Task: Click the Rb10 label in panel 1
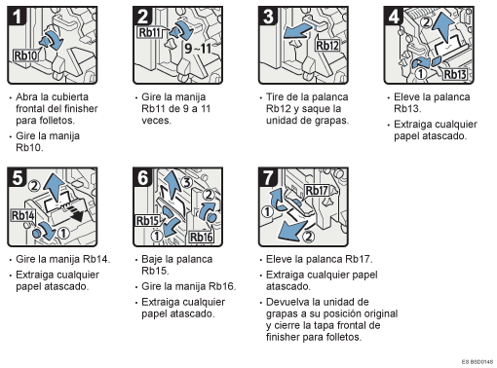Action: [25, 55]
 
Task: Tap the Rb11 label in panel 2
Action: [149, 32]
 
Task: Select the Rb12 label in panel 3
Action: [327, 46]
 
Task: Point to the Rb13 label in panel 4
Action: [455, 74]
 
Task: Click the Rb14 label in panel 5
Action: [22, 215]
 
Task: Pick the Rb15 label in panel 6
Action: [147, 221]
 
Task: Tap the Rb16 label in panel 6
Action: [202, 237]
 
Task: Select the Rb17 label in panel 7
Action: [317, 191]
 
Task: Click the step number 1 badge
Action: [17, 16]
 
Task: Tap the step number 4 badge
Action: [394, 16]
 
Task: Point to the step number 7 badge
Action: [268, 177]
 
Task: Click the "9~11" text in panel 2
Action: [198, 49]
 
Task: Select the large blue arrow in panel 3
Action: [298, 31]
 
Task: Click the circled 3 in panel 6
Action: [186, 182]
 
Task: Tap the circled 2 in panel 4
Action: [426, 21]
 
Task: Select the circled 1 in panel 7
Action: [267, 212]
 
